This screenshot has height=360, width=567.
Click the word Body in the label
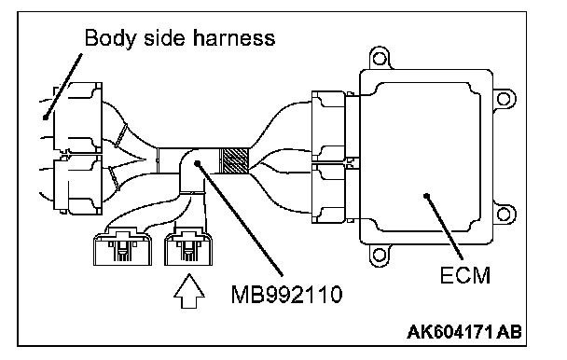(x=109, y=38)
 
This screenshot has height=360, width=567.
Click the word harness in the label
(x=233, y=37)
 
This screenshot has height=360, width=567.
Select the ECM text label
(x=465, y=275)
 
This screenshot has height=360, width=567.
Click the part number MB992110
(x=286, y=294)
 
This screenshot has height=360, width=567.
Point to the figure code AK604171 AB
(x=464, y=332)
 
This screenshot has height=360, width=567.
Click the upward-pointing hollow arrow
(x=189, y=291)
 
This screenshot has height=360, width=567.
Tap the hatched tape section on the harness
(x=235, y=160)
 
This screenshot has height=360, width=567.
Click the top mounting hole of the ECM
(x=380, y=58)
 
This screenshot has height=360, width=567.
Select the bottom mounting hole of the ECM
(x=379, y=255)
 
